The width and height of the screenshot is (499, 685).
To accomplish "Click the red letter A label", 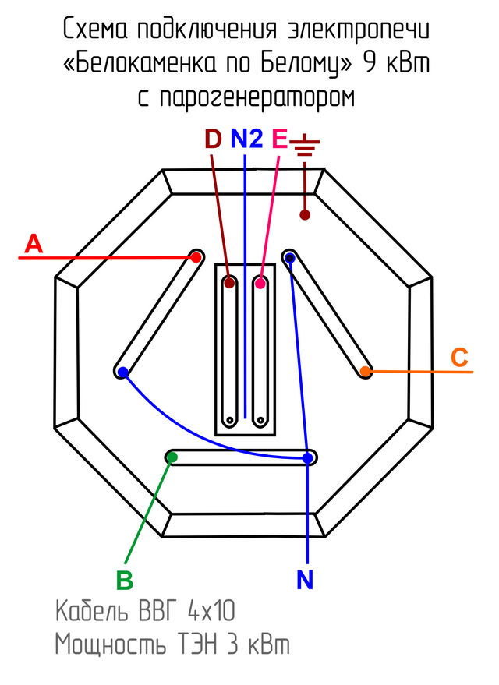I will click(x=33, y=244).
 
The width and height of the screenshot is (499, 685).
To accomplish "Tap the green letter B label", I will click(x=125, y=581).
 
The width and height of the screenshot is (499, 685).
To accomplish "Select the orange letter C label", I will click(x=460, y=358).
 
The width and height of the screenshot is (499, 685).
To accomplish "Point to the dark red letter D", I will click(x=213, y=139).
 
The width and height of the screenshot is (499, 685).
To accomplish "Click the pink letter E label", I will click(x=279, y=139).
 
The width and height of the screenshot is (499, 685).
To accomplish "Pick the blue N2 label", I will click(x=246, y=139).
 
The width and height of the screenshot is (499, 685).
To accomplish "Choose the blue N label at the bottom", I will click(x=306, y=580).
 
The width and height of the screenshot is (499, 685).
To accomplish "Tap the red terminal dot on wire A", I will click(x=196, y=256).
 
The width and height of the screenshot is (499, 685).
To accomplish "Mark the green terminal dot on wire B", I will click(x=172, y=457).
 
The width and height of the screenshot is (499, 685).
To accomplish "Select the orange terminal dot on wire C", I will click(x=365, y=373).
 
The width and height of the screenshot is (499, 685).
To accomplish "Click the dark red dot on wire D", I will click(x=229, y=283).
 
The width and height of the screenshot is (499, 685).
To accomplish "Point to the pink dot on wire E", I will click(x=260, y=283).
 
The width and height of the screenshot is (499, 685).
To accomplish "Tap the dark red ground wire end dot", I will click(x=306, y=214).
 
